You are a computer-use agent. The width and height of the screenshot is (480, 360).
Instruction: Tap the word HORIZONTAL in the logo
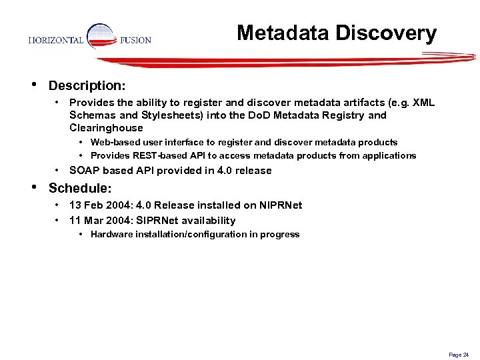point(56,40)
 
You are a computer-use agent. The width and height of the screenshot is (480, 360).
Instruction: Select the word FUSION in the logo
point(135,40)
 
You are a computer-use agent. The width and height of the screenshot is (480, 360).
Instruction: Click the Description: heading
point(87,86)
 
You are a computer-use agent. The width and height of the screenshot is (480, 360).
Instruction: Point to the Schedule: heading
point(80,189)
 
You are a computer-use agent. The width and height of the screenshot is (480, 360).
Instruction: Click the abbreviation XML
point(423,103)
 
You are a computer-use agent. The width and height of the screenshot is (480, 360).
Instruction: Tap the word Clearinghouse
point(106,128)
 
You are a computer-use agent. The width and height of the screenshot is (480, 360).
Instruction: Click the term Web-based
point(112,142)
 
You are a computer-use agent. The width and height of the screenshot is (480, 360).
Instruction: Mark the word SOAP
point(84,171)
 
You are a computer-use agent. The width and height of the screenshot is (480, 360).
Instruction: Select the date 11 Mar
point(87,221)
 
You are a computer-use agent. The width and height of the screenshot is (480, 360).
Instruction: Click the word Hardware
point(110,235)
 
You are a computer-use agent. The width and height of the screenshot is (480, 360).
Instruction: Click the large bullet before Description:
point(33,85)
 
